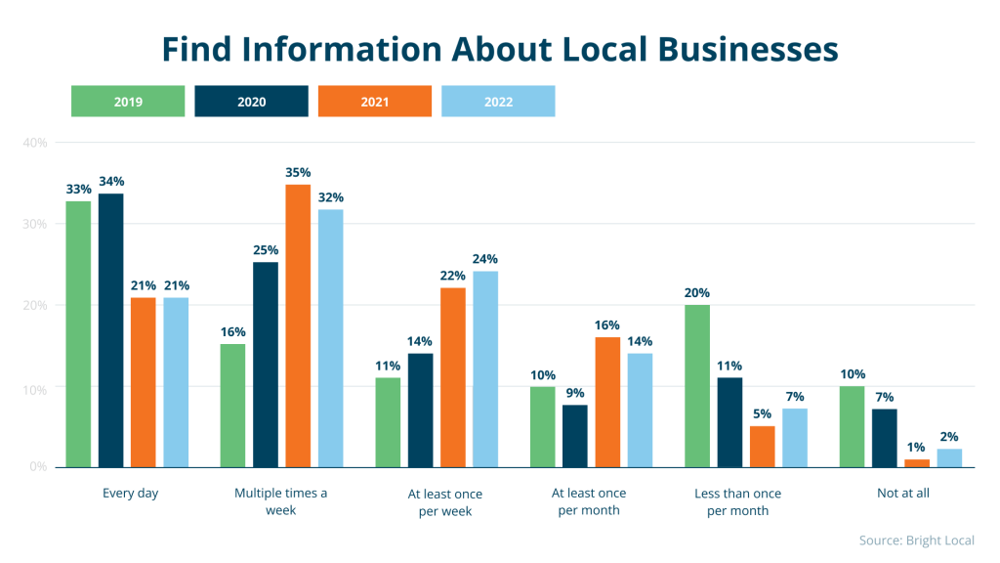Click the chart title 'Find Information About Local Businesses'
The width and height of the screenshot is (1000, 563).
pyautogui.click(x=499, y=48)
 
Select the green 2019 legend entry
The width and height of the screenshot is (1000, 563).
pyautogui.click(x=128, y=102)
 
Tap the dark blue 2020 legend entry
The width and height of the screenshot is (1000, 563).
pyautogui.click(x=251, y=102)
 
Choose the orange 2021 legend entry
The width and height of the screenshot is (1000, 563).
pyautogui.click(x=374, y=102)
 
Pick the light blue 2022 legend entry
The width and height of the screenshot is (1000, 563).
pyautogui.click(x=498, y=102)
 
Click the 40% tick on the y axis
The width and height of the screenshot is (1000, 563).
pyautogui.click(x=35, y=143)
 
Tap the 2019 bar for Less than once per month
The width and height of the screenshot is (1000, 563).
pyautogui.click(x=697, y=386)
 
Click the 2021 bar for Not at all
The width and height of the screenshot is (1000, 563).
pyautogui.click(x=916, y=463)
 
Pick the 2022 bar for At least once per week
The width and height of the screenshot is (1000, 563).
pyautogui.click(x=485, y=369)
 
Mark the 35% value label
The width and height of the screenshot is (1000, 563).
pyautogui.click(x=298, y=172)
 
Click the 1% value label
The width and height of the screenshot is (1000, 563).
pyautogui.click(x=916, y=448)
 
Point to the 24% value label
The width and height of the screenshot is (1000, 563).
pyautogui.click(x=485, y=259)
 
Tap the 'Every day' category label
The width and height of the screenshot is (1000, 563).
pyautogui.click(x=130, y=494)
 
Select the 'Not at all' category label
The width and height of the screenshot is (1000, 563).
pyautogui.click(x=902, y=494)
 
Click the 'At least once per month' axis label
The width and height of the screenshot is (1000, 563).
pyautogui.click(x=589, y=501)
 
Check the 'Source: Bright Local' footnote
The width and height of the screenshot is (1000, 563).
pyautogui.click(x=916, y=541)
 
